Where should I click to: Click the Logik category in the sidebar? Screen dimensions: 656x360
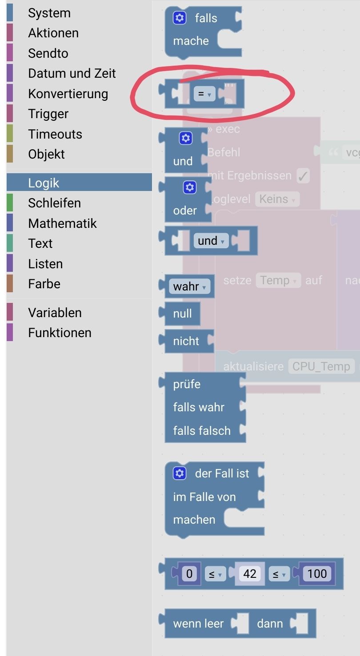point(44,183)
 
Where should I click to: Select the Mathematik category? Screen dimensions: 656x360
point(62,223)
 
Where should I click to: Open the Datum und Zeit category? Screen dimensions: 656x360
point(72,73)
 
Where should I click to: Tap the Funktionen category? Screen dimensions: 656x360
point(60,333)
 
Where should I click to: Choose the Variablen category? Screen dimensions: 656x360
point(55,313)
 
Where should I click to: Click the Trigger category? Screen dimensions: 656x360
point(48,114)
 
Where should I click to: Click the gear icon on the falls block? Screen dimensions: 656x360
point(180,18)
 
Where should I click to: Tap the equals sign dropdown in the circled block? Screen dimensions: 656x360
point(204,94)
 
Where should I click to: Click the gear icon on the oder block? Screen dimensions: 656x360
point(190,188)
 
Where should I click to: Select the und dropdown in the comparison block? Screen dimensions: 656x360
point(211,241)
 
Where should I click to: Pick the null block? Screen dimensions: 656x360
point(182,314)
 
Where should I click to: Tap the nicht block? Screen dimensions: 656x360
point(186,341)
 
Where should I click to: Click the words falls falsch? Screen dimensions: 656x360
point(202,430)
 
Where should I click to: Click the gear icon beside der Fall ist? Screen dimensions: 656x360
point(180,473)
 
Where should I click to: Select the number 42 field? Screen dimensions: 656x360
point(249,574)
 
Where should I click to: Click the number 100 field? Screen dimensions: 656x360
point(317,574)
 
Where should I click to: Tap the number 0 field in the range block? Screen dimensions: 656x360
point(189,574)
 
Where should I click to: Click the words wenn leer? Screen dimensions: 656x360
point(198,624)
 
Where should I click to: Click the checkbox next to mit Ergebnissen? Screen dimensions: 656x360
point(303,176)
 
